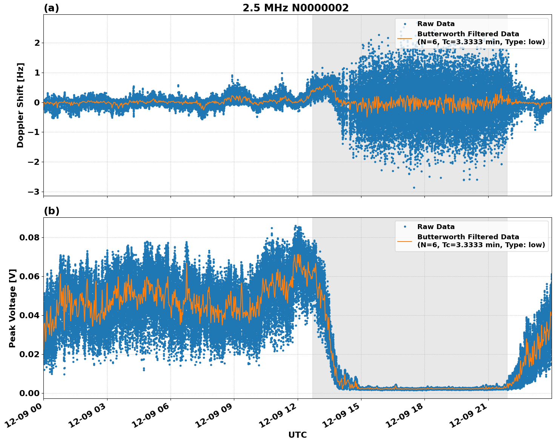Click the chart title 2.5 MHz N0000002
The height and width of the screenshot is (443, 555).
[x=295, y=8]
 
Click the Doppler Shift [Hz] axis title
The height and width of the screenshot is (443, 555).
[x=20, y=105]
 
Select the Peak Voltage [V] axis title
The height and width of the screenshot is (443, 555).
[x=12, y=308]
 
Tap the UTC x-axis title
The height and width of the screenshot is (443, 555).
[x=297, y=435]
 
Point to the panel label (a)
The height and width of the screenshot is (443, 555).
[x=51, y=8]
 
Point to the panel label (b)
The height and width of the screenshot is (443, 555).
[x=51, y=211]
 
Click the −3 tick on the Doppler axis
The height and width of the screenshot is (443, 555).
[x=34, y=192]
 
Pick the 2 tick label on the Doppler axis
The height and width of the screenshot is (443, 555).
[x=37, y=43]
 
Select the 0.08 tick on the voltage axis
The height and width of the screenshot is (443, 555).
[x=29, y=237]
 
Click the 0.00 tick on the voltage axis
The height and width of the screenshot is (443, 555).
[x=29, y=393]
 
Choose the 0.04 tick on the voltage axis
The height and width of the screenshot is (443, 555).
[x=29, y=315]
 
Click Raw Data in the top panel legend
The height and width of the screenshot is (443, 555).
[x=436, y=24]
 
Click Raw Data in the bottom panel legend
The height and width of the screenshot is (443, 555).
[x=436, y=227]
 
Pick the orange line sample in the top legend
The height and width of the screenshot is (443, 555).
[x=404, y=38]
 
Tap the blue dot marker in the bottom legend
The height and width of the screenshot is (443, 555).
[x=404, y=227]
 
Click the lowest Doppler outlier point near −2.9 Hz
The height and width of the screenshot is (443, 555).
[x=414, y=187]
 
